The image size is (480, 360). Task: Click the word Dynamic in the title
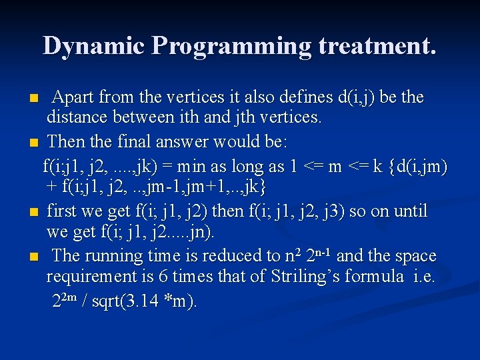pyautogui.click(x=94, y=45)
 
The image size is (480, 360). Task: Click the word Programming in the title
pyautogui.click(x=231, y=45)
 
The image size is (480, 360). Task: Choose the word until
pyautogui.click(x=409, y=211)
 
